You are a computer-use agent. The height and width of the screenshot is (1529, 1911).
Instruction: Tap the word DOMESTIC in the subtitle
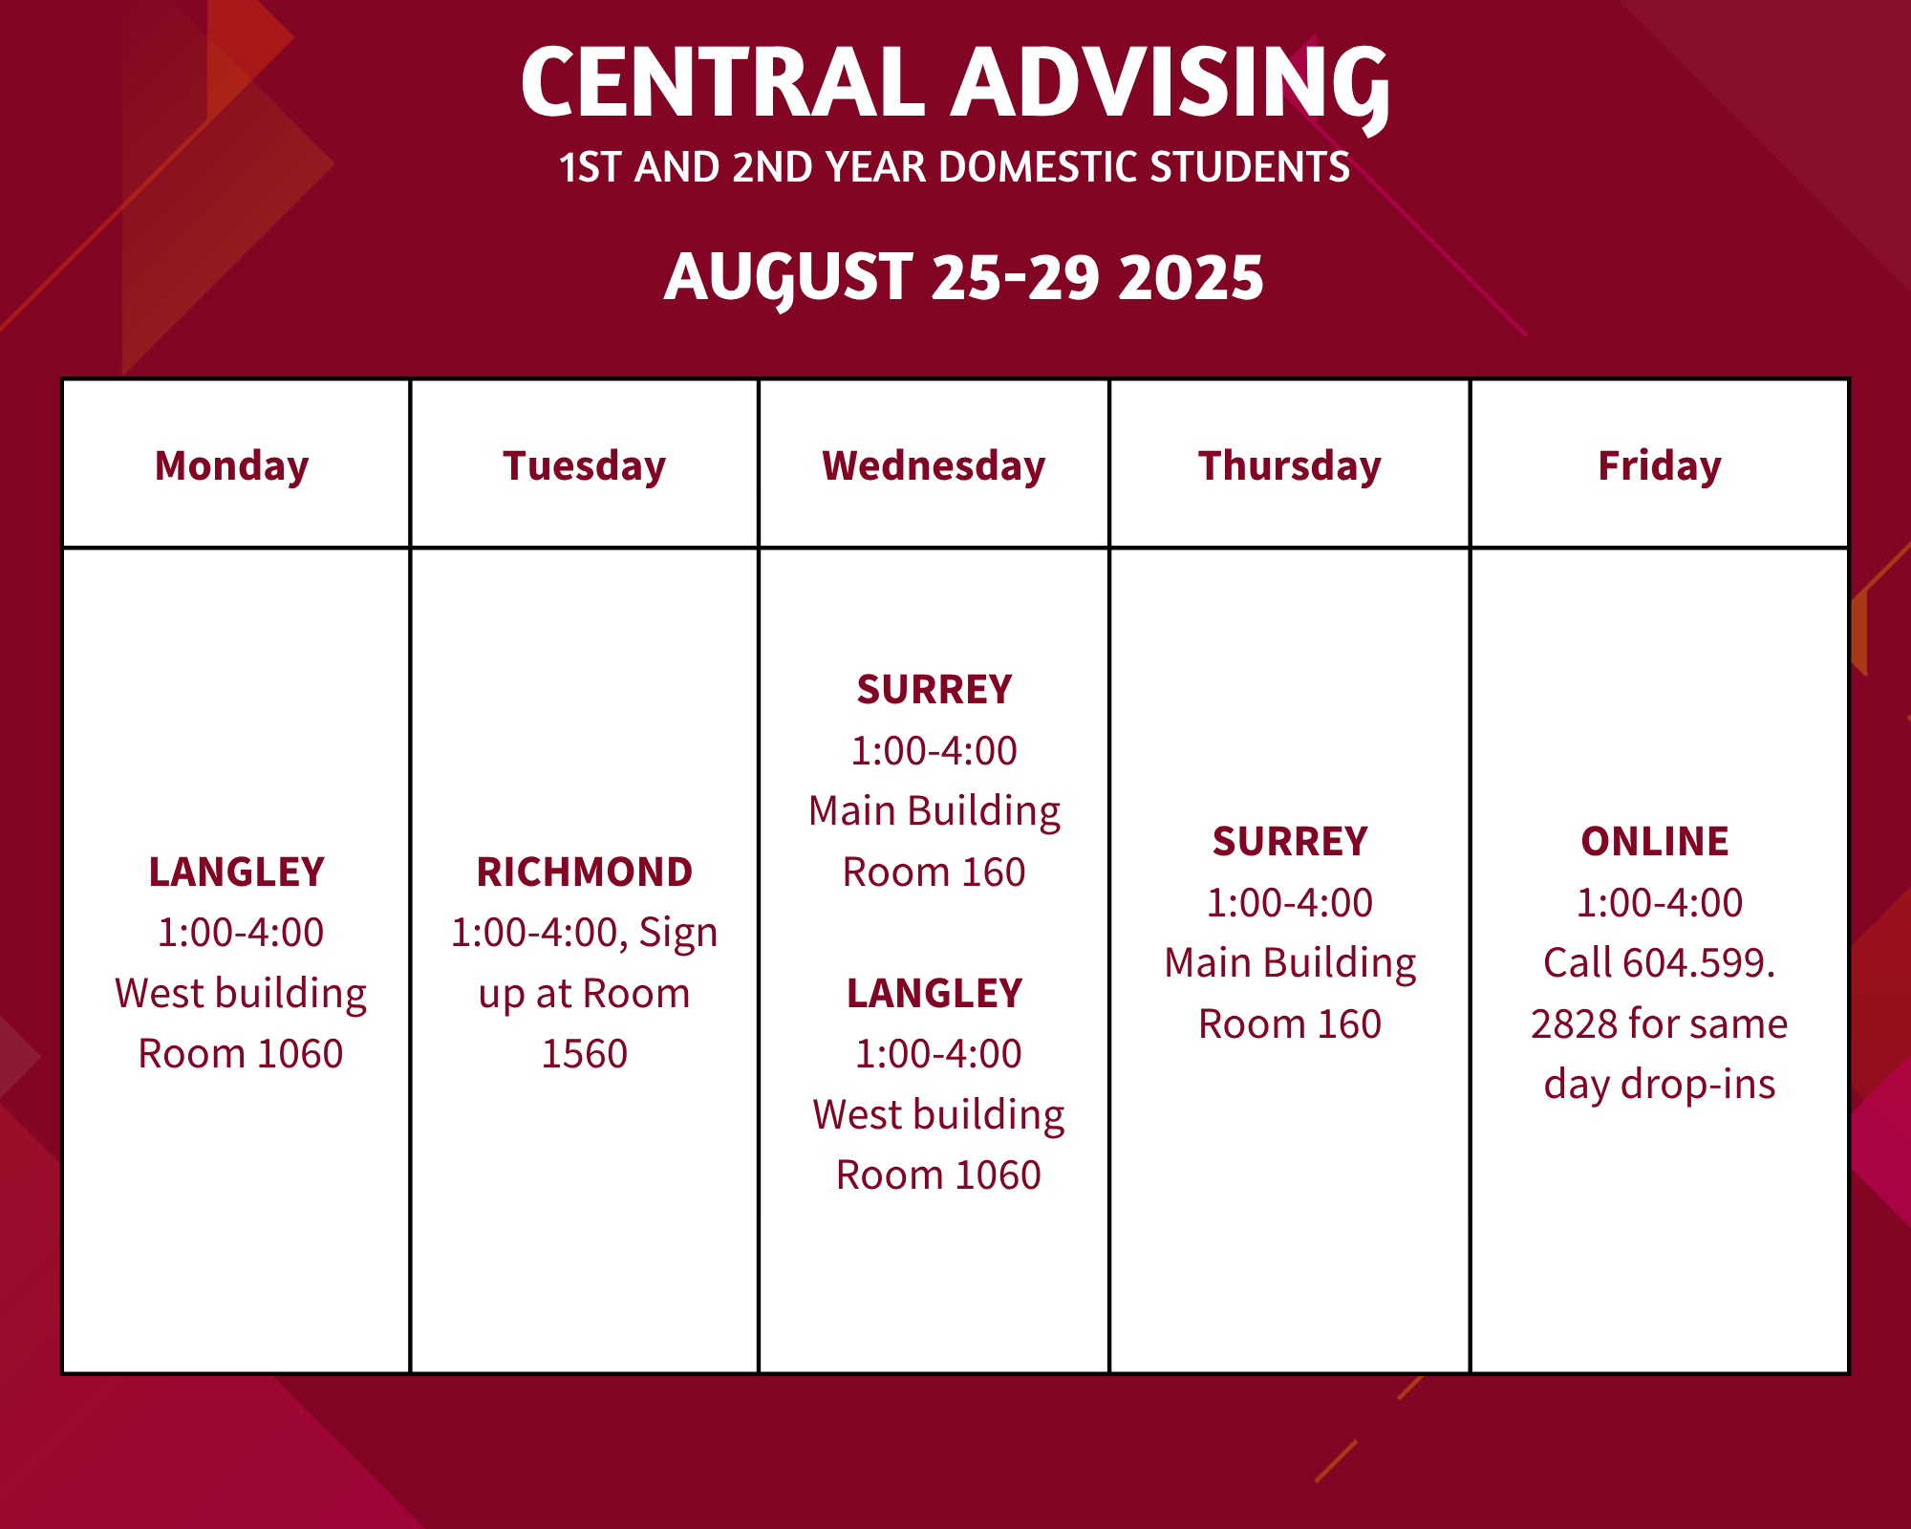1040,167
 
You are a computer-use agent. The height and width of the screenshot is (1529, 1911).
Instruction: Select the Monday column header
232,466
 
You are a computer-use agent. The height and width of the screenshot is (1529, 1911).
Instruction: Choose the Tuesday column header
585,466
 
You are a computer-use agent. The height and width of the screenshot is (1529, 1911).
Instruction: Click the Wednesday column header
934,466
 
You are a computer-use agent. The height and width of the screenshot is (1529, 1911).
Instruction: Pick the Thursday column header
1290,466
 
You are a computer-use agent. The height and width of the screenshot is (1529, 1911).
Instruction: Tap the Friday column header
1660,466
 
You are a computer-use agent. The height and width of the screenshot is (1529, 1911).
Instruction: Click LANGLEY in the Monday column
237,872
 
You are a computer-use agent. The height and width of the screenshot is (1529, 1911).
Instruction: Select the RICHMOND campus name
585,872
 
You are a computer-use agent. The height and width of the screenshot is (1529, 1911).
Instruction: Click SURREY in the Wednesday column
934,689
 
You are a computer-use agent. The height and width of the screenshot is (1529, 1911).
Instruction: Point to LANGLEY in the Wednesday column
934,993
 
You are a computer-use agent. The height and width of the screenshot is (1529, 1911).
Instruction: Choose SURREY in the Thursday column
1290,841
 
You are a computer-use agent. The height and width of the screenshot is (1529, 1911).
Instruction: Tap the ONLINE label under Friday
1655,841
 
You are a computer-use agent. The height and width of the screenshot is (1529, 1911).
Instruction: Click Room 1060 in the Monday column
241,1053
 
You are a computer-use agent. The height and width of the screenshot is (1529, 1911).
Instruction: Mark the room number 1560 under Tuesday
585,1053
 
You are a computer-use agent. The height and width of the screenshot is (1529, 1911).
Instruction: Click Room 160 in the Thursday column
1290,1023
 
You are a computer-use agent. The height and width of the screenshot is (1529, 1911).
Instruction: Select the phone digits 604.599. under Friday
1698,962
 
